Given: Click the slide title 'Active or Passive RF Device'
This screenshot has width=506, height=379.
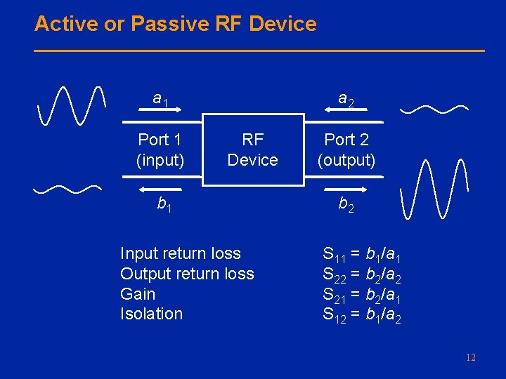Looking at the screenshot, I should (175, 24).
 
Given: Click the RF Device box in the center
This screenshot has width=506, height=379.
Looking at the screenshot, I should (252, 149).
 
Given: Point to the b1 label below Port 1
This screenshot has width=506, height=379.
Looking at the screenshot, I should (164, 204).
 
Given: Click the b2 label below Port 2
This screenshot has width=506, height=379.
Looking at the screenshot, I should (346, 204).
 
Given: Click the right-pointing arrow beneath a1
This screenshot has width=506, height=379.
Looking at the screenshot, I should (160, 111).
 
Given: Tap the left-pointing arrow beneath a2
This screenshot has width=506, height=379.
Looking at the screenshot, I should (346, 111).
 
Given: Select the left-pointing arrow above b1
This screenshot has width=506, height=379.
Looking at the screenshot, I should (160, 189).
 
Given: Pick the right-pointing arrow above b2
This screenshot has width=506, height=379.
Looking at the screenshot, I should (346, 189).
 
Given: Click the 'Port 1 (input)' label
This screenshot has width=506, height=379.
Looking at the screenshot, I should (160, 149).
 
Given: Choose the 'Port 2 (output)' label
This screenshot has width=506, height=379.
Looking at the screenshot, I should (346, 149).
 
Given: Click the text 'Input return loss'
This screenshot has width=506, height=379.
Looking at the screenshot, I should (181, 253).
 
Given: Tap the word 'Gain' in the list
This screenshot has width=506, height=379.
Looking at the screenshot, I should (138, 294).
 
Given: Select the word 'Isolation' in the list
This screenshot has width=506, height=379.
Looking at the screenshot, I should (151, 314).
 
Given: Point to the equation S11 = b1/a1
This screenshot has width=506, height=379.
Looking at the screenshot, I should (362, 253).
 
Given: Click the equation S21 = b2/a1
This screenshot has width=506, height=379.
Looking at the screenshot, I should (362, 294).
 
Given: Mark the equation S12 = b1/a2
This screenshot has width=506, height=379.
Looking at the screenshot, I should (362, 314).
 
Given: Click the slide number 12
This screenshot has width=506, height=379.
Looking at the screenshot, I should (470, 358).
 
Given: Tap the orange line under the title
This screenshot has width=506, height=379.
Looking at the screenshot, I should (259, 51).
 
